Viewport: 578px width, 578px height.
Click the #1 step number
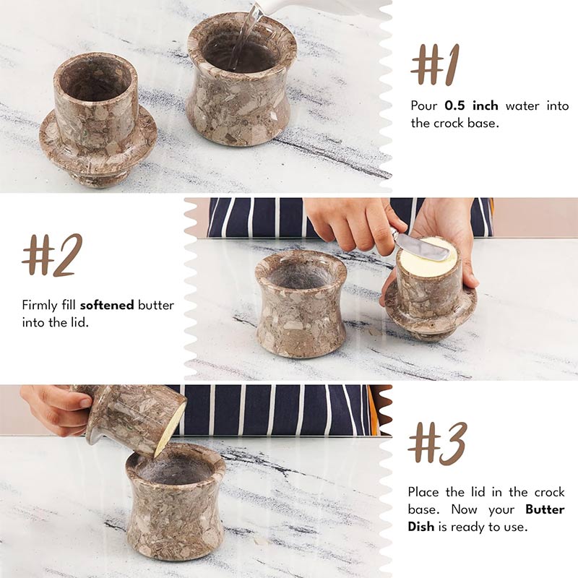coord(434,64)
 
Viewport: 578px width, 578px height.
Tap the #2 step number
coord(52,255)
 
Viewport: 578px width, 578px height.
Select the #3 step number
coord(437,443)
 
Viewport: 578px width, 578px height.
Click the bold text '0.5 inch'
coord(472,106)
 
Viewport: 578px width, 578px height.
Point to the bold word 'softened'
coord(107,305)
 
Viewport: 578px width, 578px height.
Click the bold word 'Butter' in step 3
coord(545,509)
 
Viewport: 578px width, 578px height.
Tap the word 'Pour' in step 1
coord(424,106)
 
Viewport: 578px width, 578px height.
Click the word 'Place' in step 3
coord(425,492)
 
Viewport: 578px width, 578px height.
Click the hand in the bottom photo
coord(54,408)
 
